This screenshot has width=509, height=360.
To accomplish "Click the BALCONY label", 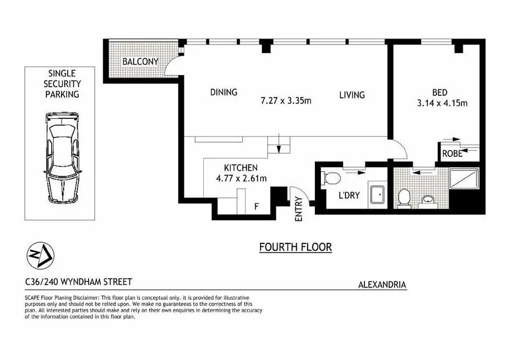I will click(x=140, y=62).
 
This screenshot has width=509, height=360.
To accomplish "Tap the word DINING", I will click(x=223, y=93).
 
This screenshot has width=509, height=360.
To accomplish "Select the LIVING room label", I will click(x=352, y=95).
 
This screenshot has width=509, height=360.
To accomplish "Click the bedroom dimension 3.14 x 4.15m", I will click(x=442, y=103).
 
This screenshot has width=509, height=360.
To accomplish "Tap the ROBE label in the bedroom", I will click(x=452, y=154).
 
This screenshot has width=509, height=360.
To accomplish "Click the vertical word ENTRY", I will click(x=298, y=207).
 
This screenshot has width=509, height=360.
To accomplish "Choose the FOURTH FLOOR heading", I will click(x=295, y=247).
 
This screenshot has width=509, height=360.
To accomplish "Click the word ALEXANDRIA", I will click(x=382, y=284).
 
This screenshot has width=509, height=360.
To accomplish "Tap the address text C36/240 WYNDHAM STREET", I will click(x=78, y=282).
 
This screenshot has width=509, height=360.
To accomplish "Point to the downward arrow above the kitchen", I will click(x=279, y=147).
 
